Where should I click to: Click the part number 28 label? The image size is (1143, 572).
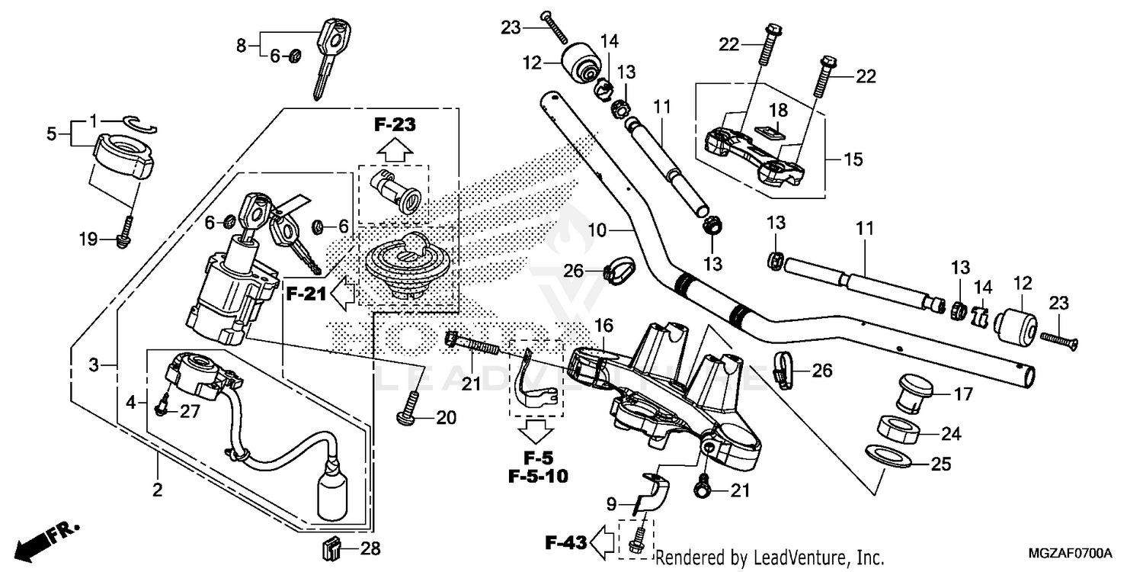pos(370,548)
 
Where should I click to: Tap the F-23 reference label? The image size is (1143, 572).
pos(395,124)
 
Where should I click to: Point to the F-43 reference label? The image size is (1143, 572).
pos(566,543)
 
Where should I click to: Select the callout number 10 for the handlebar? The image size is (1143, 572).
pos(597,229)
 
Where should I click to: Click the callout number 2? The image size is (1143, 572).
pos(158,490)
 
